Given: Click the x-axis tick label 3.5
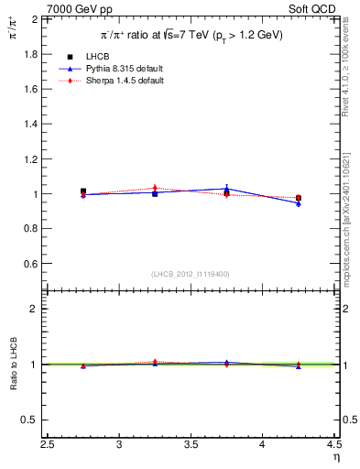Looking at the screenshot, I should point(191,446).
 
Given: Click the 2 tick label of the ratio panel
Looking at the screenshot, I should point(33,309).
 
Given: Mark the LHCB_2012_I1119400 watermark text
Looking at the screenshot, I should point(191,274).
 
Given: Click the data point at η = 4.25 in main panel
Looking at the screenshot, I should point(298,198).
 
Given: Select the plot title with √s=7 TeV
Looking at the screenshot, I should point(191,35).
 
